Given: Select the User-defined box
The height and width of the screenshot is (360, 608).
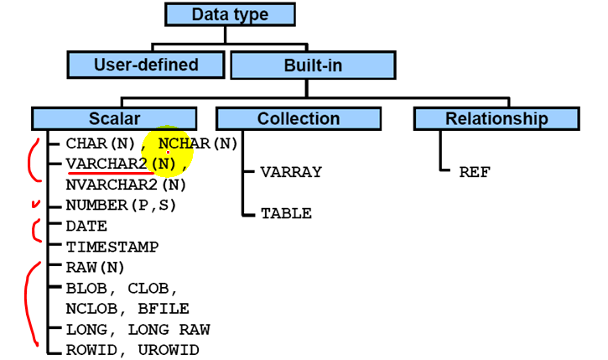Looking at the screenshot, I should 146,65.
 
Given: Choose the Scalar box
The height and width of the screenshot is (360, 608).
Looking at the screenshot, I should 115,118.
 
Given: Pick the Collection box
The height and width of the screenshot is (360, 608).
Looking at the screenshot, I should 299,118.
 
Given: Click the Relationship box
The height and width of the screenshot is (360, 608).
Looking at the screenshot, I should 496,118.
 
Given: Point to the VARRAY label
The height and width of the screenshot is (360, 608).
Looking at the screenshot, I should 290,172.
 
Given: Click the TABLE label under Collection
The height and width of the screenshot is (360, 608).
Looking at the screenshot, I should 286,213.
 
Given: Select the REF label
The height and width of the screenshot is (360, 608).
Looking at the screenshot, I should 474,172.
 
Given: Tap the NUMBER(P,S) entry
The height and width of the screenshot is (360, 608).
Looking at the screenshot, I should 122,205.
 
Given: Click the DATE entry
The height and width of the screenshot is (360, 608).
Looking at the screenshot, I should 86,226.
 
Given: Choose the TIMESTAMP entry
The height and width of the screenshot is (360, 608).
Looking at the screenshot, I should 112,247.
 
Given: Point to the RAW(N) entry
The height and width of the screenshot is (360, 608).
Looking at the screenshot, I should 95,268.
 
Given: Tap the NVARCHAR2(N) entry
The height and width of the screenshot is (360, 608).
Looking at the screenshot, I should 126,184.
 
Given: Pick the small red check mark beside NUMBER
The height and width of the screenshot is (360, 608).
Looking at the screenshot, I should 35,204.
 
